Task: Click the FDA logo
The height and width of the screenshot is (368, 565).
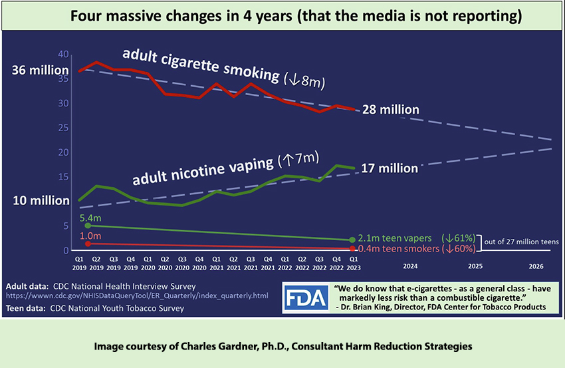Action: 306,298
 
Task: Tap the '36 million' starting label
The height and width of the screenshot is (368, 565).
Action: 39,71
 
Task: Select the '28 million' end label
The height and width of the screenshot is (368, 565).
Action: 390,109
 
